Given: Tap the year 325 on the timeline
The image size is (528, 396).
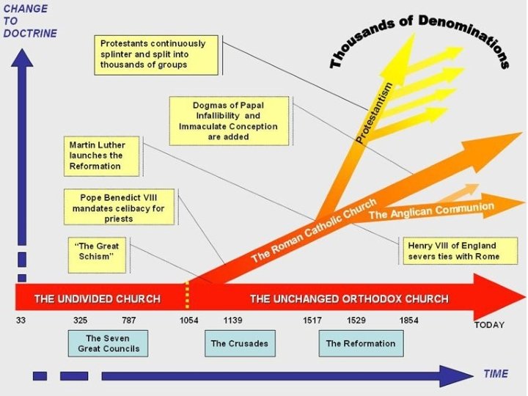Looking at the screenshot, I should (81, 320).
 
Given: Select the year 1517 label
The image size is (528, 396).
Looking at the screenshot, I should (312, 320).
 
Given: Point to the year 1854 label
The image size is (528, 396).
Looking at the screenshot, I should (408, 320).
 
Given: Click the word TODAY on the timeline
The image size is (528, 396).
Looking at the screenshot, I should (488, 325).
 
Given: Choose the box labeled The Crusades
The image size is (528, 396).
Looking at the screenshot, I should (239, 343).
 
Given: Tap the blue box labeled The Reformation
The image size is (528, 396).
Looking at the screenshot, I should (360, 343).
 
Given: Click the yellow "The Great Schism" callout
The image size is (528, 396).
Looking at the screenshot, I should (94, 252).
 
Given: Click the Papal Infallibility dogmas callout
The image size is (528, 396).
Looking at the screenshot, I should (218, 121).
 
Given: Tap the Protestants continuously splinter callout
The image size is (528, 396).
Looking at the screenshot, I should (158, 54).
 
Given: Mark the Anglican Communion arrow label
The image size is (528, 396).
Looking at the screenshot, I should (431, 210).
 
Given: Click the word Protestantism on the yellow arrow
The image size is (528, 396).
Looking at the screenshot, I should (374, 114).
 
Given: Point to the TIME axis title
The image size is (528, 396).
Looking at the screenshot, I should (495, 374).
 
